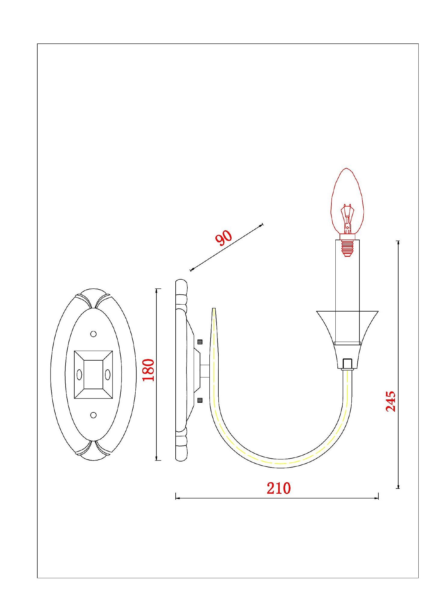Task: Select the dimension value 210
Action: tap(279, 488)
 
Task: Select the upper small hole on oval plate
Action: tap(93, 334)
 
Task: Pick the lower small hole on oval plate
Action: tap(93, 415)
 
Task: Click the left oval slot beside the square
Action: tap(79, 375)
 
